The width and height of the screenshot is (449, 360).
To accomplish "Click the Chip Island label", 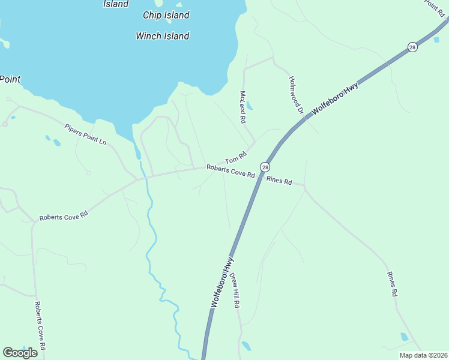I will pyautogui.click(x=166, y=16).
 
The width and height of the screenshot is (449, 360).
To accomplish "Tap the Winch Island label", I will pyautogui.click(x=163, y=36).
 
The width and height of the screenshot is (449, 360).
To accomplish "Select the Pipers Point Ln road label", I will pyautogui.click(x=86, y=134).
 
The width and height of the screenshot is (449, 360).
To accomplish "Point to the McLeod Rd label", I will pyautogui.click(x=243, y=107).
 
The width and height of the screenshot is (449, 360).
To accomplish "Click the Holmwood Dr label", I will pyautogui.click(x=297, y=95).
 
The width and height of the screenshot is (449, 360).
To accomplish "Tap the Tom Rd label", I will pyautogui.click(x=236, y=158).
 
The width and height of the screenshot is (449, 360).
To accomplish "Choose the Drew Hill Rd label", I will pyautogui.click(x=235, y=290).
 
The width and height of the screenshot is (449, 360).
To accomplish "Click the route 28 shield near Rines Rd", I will pyautogui.click(x=265, y=166).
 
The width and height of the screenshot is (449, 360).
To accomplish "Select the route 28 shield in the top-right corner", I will pyautogui.click(x=412, y=47).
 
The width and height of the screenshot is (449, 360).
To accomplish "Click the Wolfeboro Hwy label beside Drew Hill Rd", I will pyautogui.click(x=221, y=283).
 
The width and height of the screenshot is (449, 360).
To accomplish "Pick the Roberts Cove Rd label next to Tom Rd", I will pyautogui.click(x=231, y=172).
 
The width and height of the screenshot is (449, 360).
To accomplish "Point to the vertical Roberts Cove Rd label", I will pyautogui.click(x=40, y=326).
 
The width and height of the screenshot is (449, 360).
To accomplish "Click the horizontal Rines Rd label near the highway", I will pyautogui.click(x=279, y=181).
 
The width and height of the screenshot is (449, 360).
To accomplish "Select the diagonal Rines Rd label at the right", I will pyautogui.click(x=393, y=284).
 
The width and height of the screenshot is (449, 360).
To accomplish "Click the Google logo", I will pyautogui.click(x=20, y=353).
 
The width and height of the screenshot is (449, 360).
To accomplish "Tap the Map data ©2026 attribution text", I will pyautogui.click(x=423, y=355).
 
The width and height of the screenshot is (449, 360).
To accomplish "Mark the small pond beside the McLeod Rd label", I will pyautogui.click(x=250, y=107).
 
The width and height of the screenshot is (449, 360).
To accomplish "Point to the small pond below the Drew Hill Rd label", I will pyautogui.click(x=246, y=346).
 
